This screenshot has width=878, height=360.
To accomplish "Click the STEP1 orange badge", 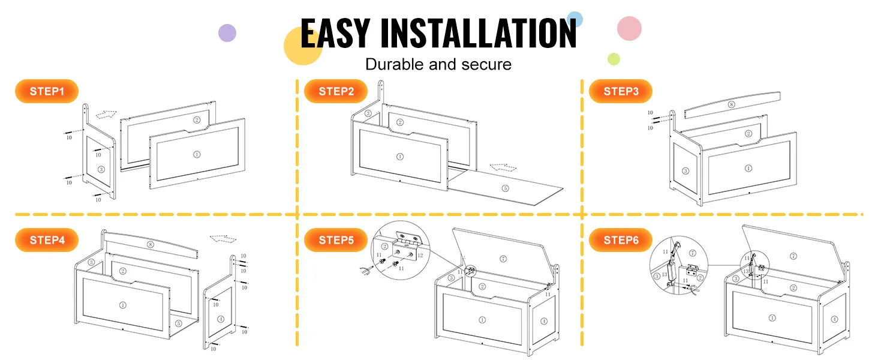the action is click(x=47, y=91).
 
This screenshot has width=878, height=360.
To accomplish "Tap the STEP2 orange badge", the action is click(x=336, y=91).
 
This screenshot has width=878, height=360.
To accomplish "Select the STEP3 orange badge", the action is click(x=621, y=91).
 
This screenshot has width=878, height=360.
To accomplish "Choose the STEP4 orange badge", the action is click(x=47, y=240).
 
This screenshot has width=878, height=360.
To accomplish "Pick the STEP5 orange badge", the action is click(x=336, y=240).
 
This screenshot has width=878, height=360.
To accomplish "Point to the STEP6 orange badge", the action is click(x=621, y=240).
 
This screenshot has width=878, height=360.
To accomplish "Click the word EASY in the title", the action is click(x=335, y=34).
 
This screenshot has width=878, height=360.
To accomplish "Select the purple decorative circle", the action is click(x=227, y=33).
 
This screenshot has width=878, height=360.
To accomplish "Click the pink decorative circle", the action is click(x=629, y=28).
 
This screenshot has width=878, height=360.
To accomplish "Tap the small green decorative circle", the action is click(x=614, y=59).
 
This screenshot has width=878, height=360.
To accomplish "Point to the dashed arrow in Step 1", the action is click(x=106, y=114).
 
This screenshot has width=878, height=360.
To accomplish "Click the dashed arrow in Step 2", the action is click(x=503, y=167).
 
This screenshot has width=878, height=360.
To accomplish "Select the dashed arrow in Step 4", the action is click(x=223, y=238).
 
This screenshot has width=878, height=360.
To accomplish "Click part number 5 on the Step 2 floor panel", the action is click(x=505, y=188).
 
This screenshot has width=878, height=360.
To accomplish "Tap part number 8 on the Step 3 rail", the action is click(x=732, y=104).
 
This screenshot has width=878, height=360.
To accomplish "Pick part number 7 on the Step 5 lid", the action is click(x=503, y=259).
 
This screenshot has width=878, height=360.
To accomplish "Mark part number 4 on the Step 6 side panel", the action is click(x=834, y=319).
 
